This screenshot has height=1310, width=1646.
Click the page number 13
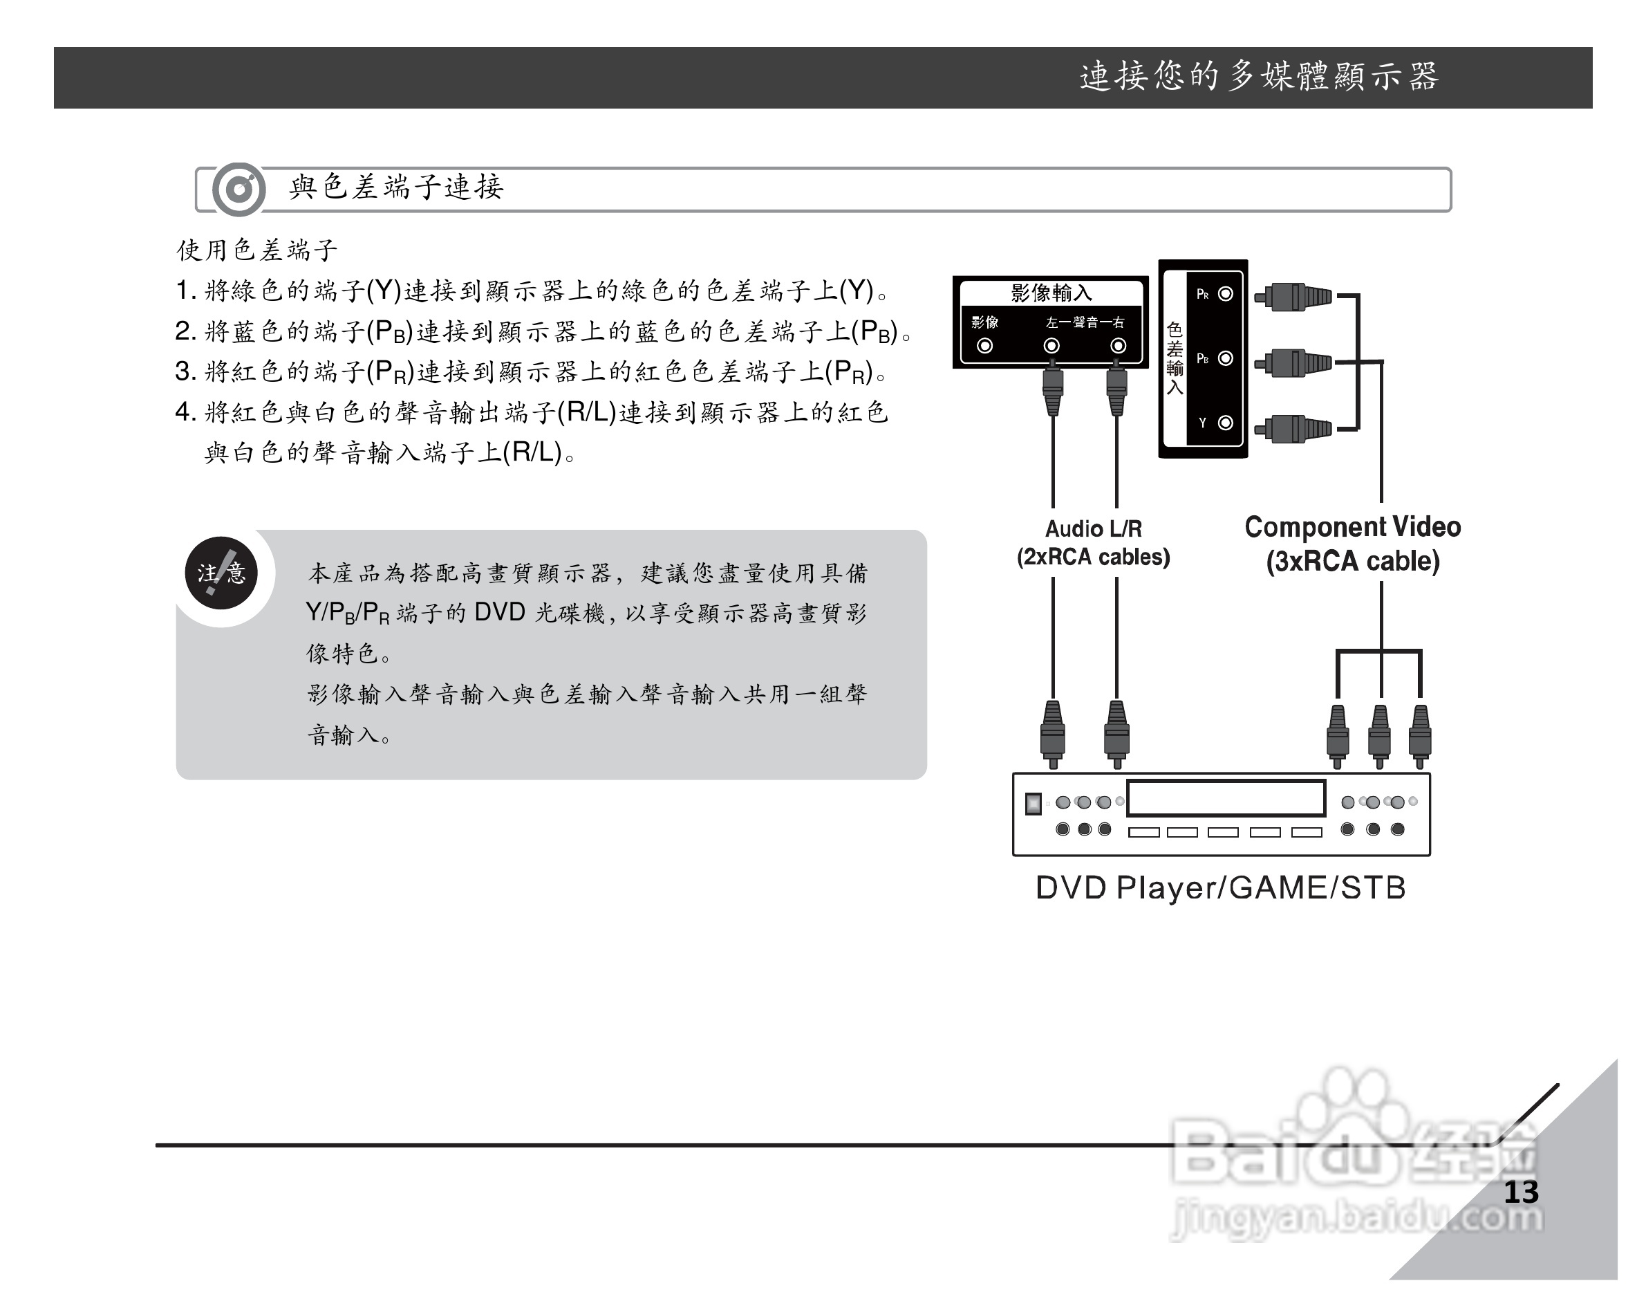1521,1192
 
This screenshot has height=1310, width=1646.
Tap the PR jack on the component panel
1225,294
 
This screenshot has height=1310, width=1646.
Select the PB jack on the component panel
1225,358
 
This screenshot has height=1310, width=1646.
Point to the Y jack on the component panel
1225,423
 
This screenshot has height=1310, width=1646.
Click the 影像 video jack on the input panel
985,346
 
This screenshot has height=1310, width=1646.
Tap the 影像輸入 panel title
1051,293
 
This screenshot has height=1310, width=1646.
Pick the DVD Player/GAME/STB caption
1220,887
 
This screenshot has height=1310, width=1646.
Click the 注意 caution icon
221,573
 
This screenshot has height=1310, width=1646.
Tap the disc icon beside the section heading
239,189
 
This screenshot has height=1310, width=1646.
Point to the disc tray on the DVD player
1225,798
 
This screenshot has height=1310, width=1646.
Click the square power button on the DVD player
1033,804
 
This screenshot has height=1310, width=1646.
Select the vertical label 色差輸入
1175,358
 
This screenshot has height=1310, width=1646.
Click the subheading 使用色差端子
256,250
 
